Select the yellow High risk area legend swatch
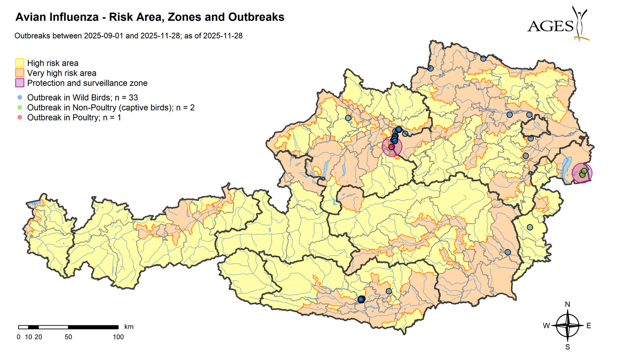click(x=20, y=63)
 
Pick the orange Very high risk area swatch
click(x=20, y=73)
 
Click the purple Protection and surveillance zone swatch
click(x=20, y=83)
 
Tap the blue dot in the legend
click(x=20, y=97)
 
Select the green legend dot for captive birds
click(x=20, y=107)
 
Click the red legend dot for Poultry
click(x=20, y=118)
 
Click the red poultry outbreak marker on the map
click(x=391, y=147)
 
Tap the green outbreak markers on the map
click(x=583, y=172)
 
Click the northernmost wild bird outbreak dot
click(x=483, y=58)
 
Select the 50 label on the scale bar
click(x=68, y=337)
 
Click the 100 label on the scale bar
click(x=118, y=337)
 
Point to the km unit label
click(x=129, y=327)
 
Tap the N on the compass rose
click(x=567, y=305)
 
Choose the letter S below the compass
click(x=567, y=347)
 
